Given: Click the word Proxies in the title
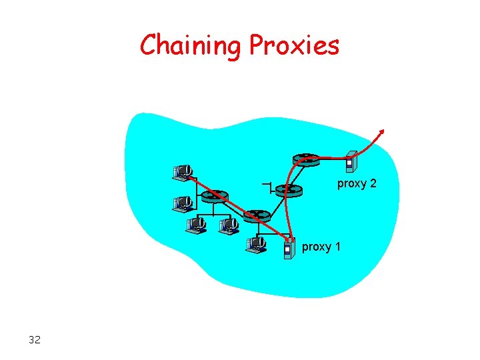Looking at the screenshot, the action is click(294, 45).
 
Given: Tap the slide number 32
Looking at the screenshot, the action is click(35, 340).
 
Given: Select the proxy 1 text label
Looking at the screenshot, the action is click(321, 247).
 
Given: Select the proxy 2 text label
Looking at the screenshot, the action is click(357, 183).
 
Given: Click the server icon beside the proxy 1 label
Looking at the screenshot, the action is click(288, 247).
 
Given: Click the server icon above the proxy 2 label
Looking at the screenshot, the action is click(351, 162).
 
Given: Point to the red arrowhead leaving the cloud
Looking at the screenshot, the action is click(382, 131).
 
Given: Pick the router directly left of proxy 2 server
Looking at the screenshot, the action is click(306, 159).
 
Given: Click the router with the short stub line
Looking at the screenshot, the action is click(289, 190).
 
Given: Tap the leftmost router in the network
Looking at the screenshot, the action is click(215, 196).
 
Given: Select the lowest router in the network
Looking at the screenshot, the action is click(256, 216).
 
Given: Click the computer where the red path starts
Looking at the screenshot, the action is click(181, 172).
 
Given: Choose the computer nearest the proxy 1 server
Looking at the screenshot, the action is click(255, 245).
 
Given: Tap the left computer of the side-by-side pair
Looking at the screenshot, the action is click(196, 225).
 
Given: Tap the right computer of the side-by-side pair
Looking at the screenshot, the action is click(229, 225).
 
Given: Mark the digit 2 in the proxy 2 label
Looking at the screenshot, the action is click(373, 183).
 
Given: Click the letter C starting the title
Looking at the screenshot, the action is click(149, 45).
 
